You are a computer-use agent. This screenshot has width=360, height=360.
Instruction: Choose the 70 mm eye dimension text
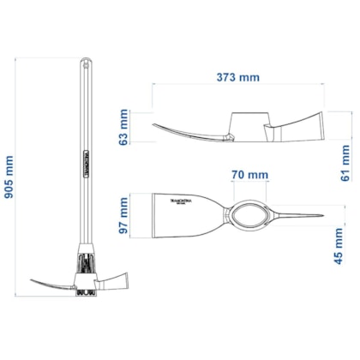(248, 175)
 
